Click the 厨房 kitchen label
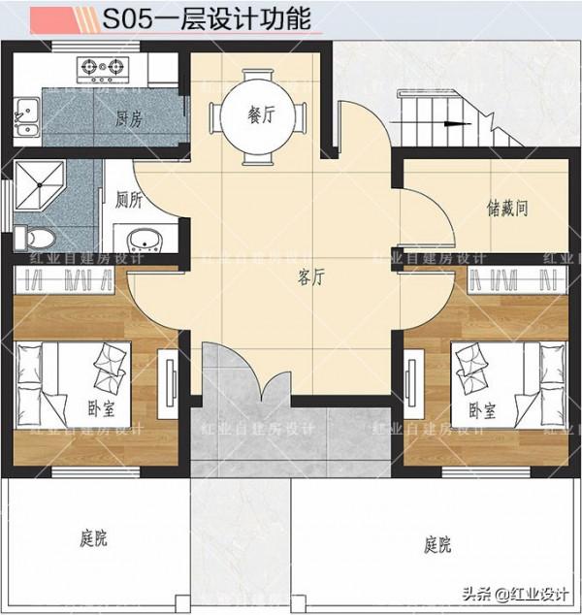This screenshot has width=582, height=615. pyautogui.click(x=129, y=119)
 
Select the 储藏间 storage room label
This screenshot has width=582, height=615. pyautogui.click(x=507, y=207)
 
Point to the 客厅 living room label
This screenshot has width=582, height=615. pyautogui.click(x=310, y=278)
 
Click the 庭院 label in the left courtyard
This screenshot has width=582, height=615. pyautogui.click(x=92, y=538)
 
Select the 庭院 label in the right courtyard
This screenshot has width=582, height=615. pyautogui.click(x=437, y=544)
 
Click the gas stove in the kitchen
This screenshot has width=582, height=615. pyautogui.click(x=104, y=67)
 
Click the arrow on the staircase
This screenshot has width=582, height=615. pyautogui.click(x=452, y=123)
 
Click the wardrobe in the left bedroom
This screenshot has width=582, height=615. pyautogui.click(x=67, y=280)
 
